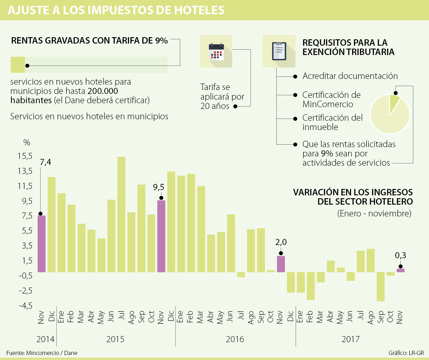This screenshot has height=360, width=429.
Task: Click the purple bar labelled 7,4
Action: pos(41,244)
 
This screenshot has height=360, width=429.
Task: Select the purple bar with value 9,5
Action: pos(161,236)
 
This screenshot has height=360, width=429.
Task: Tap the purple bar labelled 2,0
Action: pos(281,264)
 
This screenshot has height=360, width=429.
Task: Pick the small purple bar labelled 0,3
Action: pos(400,270)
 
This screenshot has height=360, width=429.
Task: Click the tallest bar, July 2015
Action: pos(121,214)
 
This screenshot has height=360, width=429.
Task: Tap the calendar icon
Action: pos(216,51)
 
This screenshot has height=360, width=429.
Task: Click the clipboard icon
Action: pos(279,51)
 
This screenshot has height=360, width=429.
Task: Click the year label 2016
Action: pos(235,339)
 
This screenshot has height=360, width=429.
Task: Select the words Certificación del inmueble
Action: pos(332,122)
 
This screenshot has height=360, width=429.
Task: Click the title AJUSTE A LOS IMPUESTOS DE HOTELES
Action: pos(116,10)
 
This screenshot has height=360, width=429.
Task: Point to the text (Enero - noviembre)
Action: pos(374,214)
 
